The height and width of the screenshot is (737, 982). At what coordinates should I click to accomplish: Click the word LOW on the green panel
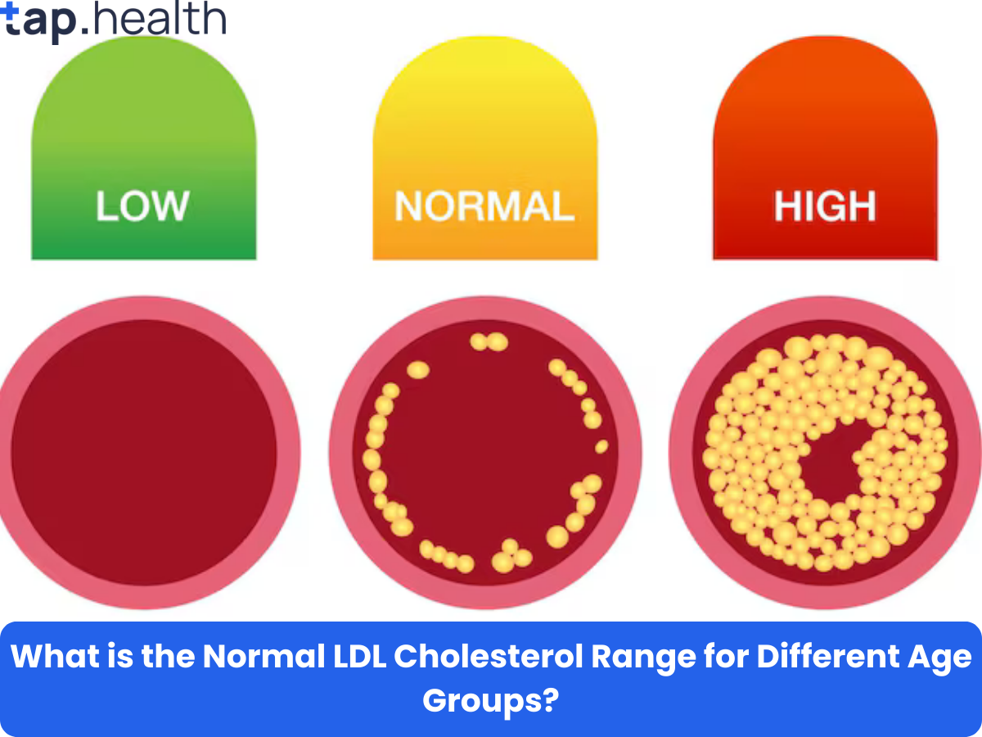[142, 206]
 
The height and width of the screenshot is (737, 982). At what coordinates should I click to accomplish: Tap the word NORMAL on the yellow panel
[484, 206]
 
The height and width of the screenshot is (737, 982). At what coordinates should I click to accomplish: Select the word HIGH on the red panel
[825, 206]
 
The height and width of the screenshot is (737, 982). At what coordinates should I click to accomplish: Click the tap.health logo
[115, 20]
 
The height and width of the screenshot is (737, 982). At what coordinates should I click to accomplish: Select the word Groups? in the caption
[490, 700]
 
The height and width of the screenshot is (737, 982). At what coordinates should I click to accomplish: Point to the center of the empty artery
[144, 453]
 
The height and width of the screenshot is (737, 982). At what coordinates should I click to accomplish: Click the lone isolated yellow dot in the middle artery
[601, 446]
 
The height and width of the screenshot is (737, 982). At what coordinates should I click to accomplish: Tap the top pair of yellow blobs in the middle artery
[489, 341]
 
